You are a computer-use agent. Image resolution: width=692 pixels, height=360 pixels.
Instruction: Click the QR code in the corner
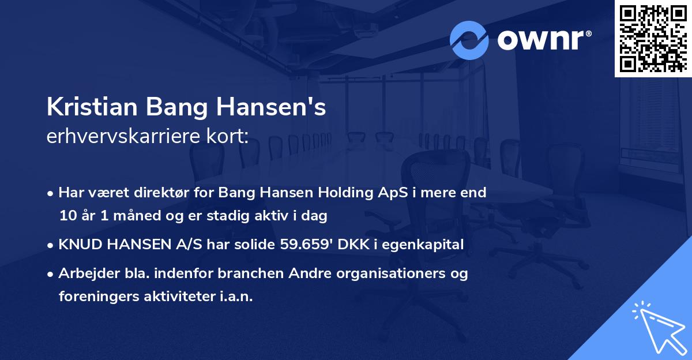pos(653,39)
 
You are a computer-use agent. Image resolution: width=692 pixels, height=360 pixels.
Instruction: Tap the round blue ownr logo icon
pos(469,40)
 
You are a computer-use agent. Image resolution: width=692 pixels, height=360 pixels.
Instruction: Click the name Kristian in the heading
pos(92,108)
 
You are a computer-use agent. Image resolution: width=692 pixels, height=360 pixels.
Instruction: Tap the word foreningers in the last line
pos(95,297)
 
